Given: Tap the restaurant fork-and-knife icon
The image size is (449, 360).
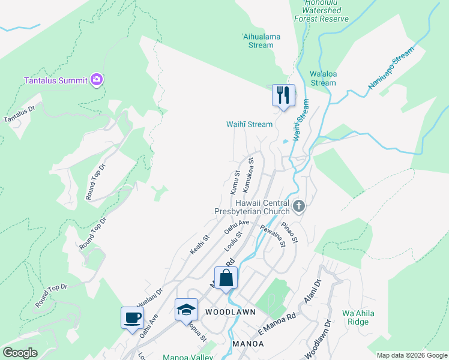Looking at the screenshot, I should [x=283, y=95].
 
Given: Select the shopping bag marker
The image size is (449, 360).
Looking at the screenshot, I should [x=226, y=278].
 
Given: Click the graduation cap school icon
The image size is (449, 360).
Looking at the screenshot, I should [x=186, y=310].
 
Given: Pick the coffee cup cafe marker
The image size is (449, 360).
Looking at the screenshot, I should [x=132, y=318].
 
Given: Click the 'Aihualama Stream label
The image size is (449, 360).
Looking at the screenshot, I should [x=261, y=41].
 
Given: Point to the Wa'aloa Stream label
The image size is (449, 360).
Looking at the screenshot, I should [x=323, y=78].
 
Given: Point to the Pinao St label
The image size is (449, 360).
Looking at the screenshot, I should [x=291, y=232].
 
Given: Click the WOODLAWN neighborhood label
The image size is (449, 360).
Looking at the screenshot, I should [x=231, y=312].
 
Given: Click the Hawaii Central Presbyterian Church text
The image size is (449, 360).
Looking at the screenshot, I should [x=253, y=207].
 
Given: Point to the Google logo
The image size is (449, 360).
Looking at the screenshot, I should [x=20, y=353].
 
